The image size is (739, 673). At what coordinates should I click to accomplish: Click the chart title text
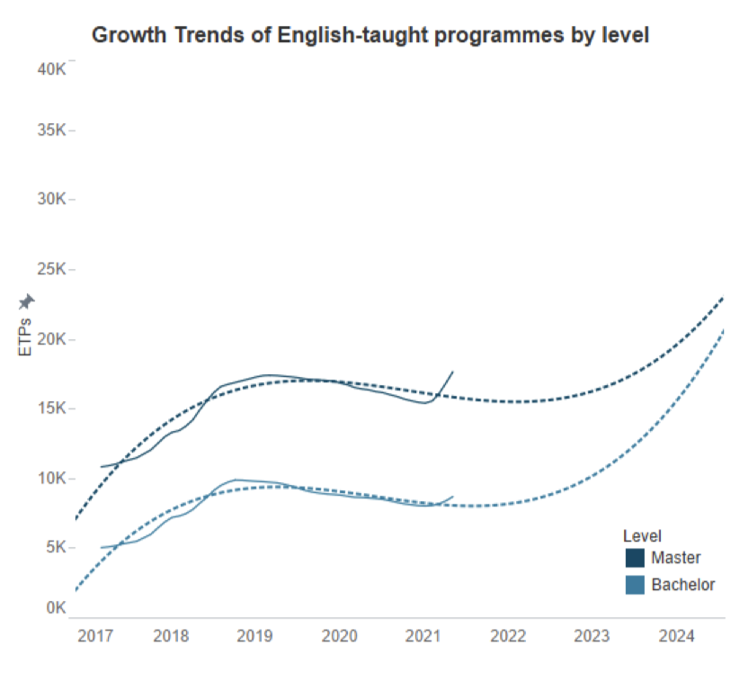pos(370,35)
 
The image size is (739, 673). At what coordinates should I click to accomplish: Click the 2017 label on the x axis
pos(94,637)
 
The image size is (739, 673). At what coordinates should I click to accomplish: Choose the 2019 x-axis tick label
pos(254,637)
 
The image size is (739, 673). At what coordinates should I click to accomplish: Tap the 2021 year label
pos(423,637)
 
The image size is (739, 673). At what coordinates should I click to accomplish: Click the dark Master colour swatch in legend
pos(635,558)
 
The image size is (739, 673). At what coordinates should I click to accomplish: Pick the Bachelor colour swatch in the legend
pos(635,585)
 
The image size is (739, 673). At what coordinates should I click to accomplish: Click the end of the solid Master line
pos(453,371)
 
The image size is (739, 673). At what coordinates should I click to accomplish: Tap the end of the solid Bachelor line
pos(453,496)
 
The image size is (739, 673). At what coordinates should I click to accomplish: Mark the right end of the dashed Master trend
pos(723,298)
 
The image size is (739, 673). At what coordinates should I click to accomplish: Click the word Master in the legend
pos(676,558)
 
